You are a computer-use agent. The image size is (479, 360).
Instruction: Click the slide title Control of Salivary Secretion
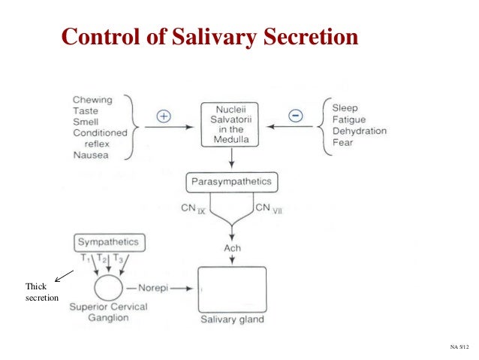click(209, 37)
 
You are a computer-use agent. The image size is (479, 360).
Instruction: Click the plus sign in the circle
click(164, 116)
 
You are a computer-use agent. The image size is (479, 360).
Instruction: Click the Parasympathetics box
click(232, 182)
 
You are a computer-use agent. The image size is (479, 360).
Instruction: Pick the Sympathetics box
click(110, 243)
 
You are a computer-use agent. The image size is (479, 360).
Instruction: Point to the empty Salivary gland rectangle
click(232, 289)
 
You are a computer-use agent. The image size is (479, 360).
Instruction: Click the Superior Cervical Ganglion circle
click(110, 289)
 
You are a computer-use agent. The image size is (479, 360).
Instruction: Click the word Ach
click(232, 248)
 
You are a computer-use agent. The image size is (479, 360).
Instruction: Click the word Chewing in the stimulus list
click(93, 100)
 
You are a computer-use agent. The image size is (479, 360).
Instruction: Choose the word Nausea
click(91, 155)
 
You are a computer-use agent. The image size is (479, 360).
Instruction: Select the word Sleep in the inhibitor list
click(346, 107)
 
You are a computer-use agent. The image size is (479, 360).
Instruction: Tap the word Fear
click(342, 142)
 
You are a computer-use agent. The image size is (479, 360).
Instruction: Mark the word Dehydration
click(359, 131)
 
